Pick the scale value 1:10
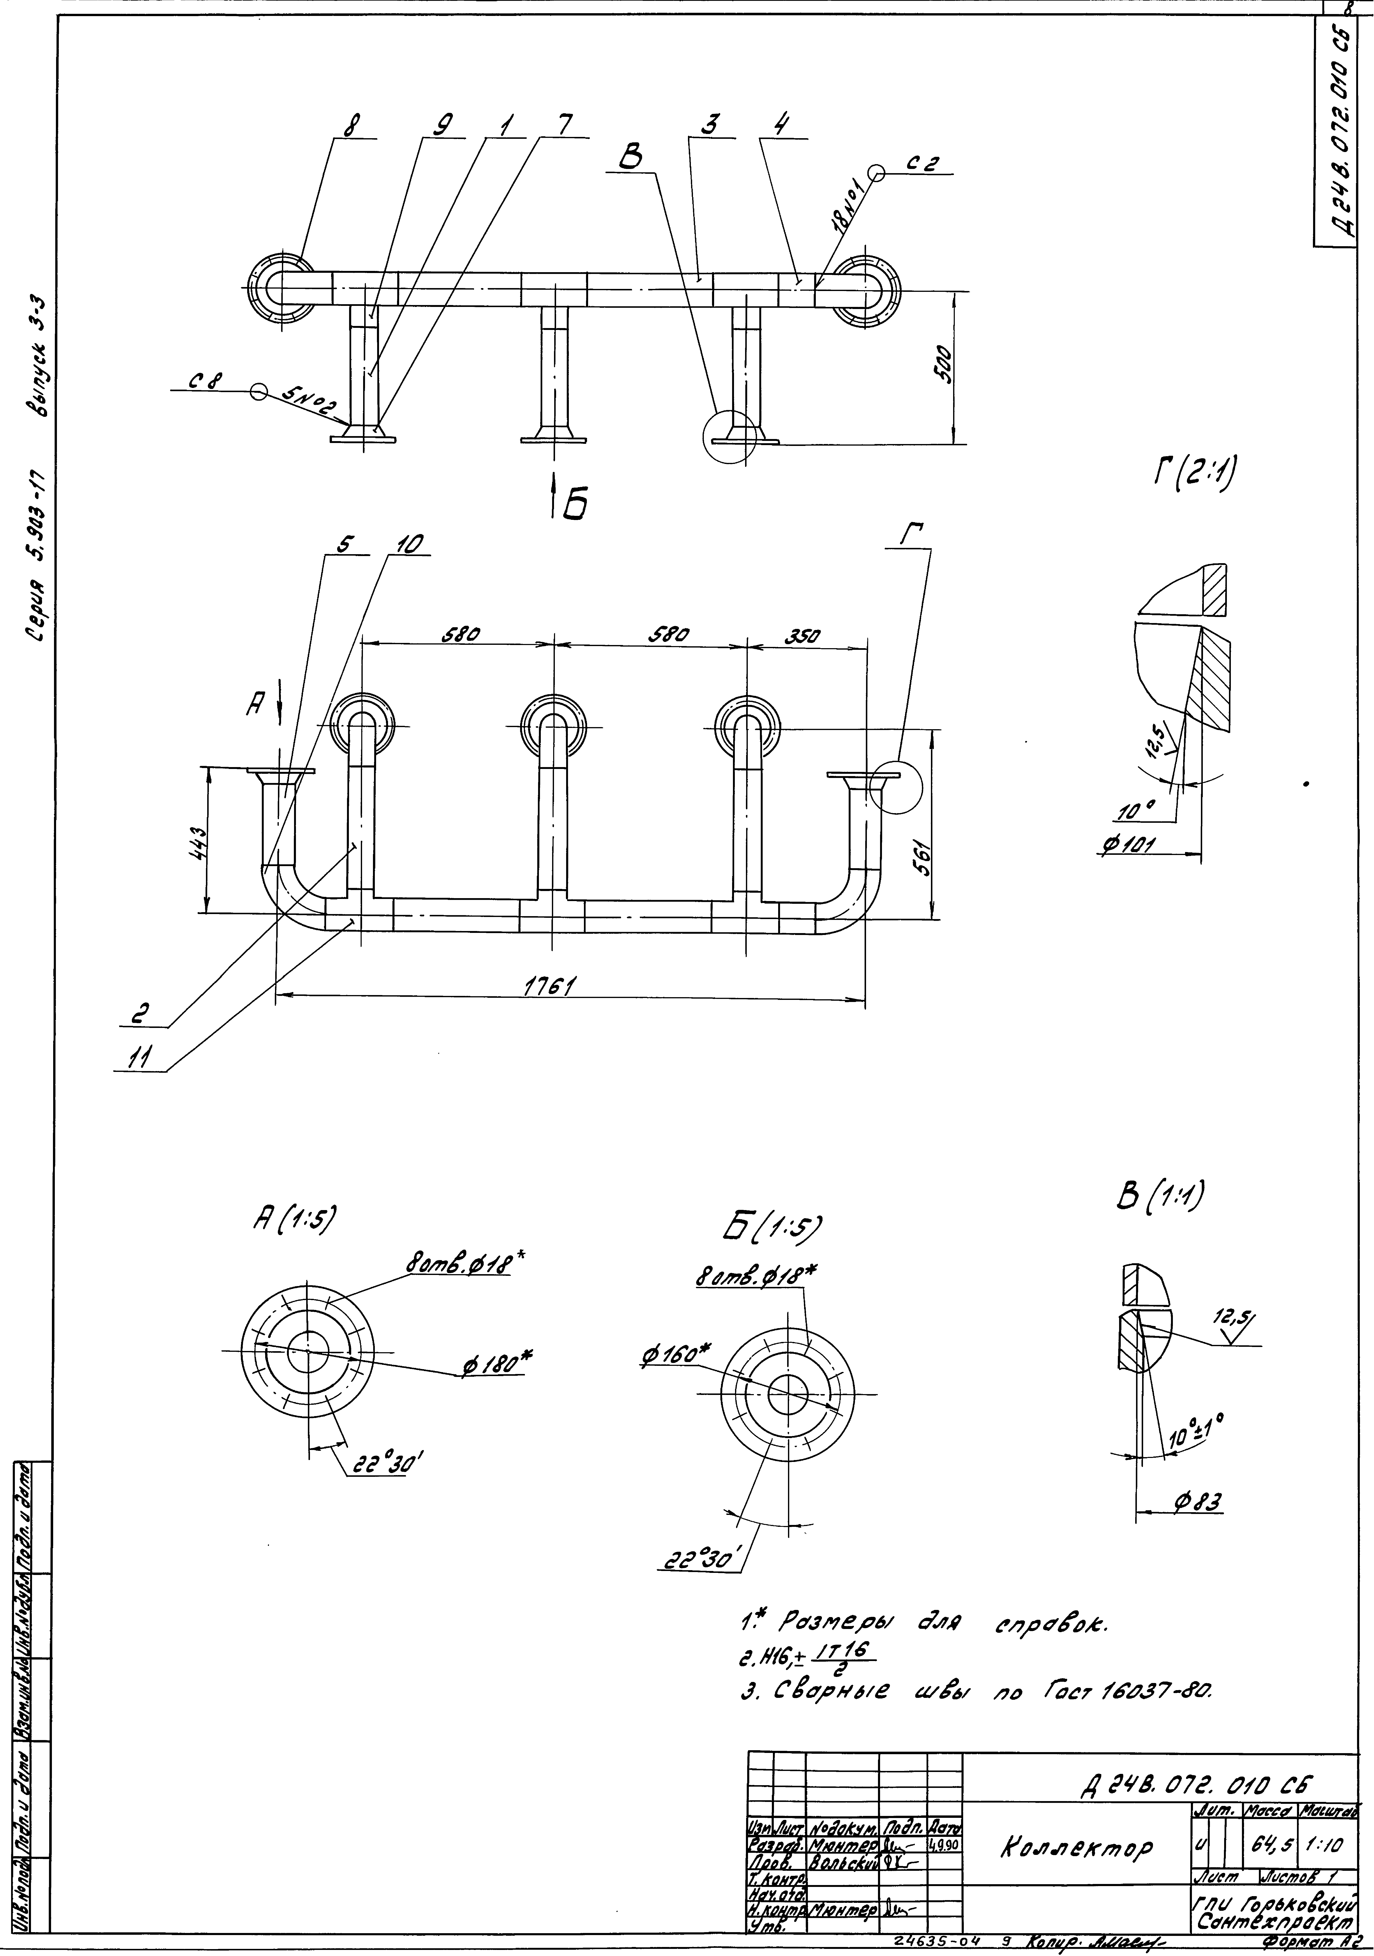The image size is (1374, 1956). [1324, 1845]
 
